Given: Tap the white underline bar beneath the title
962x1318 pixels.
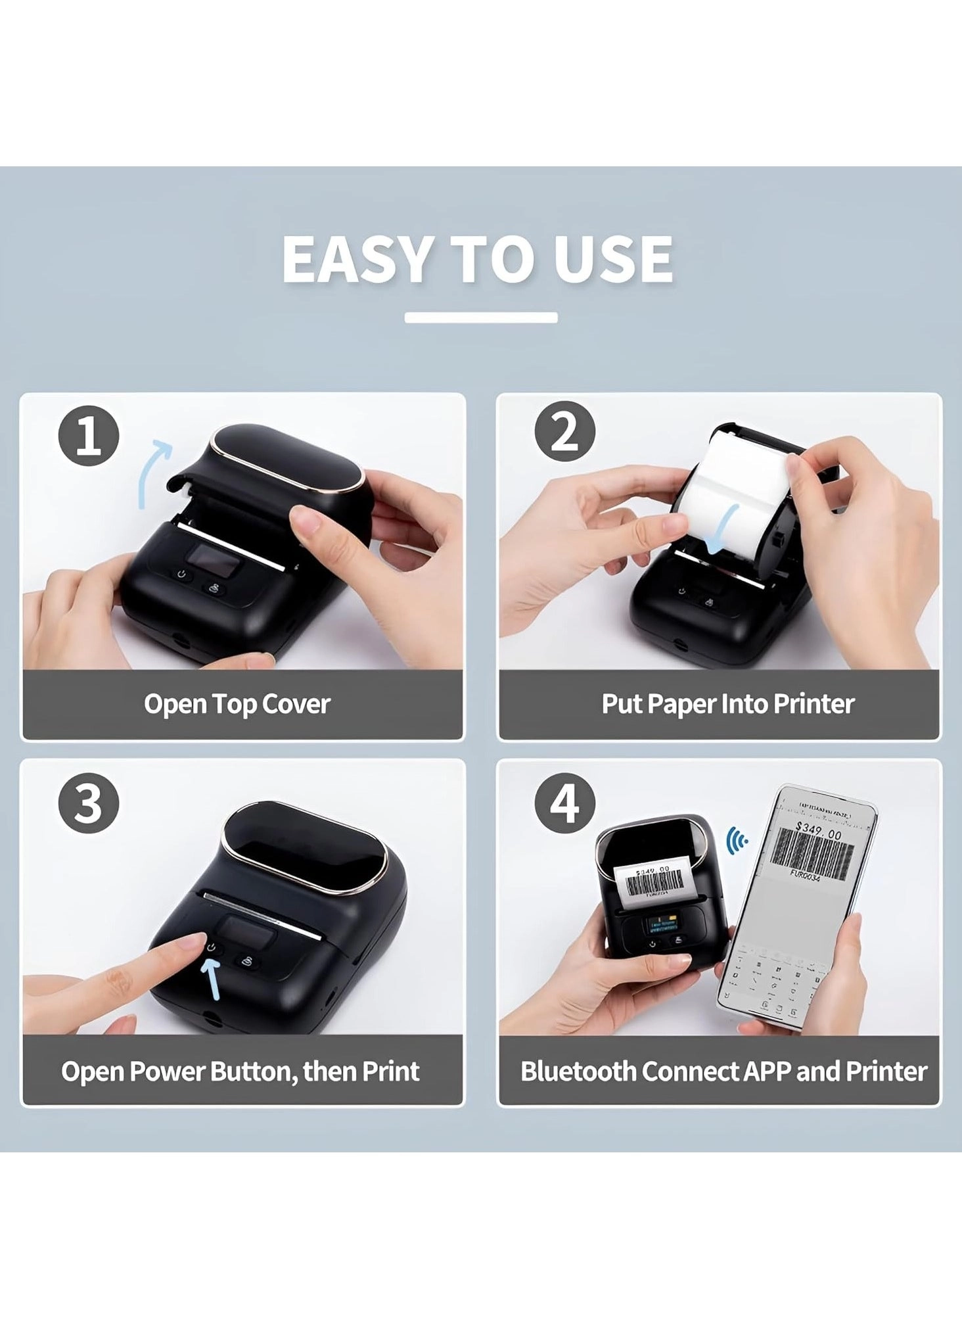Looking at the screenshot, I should tap(481, 318).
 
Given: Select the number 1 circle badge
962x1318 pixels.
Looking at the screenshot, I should tap(89, 436).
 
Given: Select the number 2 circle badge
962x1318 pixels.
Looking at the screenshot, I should tap(564, 433).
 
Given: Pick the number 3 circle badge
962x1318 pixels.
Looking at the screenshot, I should tap(89, 803).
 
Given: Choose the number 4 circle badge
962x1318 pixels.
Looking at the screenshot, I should tap(564, 803).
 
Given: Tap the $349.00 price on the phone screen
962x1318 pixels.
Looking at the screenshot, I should tap(817, 832).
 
